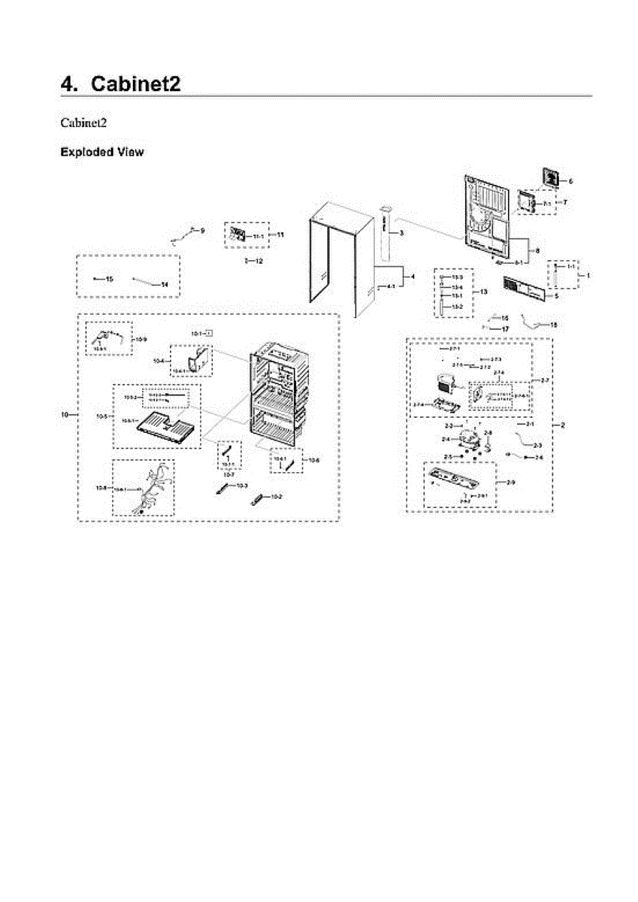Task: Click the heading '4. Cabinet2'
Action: click(x=120, y=83)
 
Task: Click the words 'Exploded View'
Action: click(x=101, y=153)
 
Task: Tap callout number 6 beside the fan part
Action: click(x=570, y=181)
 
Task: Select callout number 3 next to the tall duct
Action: click(x=401, y=234)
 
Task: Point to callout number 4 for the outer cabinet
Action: click(x=412, y=277)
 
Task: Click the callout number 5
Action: click(x=557, y=296)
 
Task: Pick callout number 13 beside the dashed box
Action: click(x=484, y=292)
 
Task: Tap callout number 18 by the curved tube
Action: click(x=554, y=325)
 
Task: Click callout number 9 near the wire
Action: click(x=201, y=230)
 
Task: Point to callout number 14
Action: click(x=165, y=284)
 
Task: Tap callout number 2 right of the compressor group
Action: click(x=563, y=425)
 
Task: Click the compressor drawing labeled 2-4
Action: click(x=469, y=439)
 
